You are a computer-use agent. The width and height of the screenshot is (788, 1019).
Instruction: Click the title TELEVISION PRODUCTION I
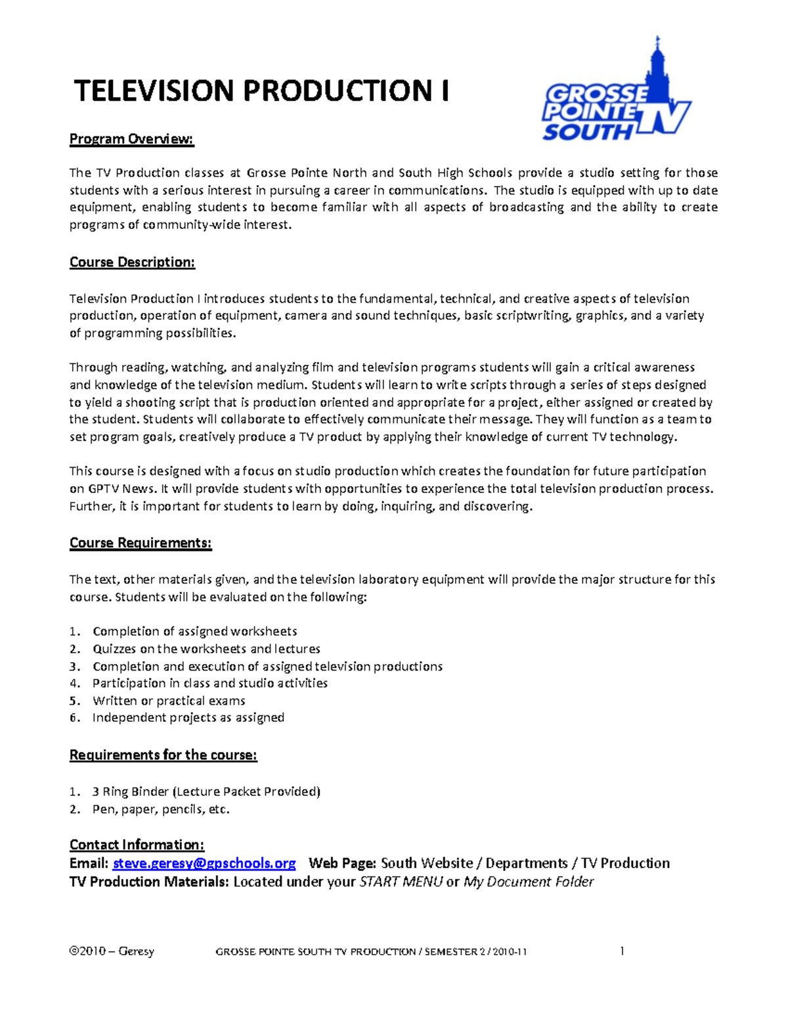click(261, 91)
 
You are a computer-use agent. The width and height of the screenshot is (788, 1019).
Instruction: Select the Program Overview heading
click(132, 139)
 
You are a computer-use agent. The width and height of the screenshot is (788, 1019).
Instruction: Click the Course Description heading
click(132, 262)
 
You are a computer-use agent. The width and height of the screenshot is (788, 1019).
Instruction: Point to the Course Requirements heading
click(141, 543)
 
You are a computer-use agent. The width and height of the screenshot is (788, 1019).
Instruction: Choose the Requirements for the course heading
click(163, 755)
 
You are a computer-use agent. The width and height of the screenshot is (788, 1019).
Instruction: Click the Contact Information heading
click(137, 845)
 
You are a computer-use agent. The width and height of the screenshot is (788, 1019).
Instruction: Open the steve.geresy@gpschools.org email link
click(204, 863)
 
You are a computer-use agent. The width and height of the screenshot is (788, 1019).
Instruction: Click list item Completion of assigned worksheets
click(194, 631)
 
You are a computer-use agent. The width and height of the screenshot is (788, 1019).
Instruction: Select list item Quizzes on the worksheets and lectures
click(206, 649)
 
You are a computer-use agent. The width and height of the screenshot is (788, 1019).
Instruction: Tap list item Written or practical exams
click(169, 701)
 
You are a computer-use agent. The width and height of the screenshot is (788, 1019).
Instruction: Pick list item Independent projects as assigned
click(188, 718)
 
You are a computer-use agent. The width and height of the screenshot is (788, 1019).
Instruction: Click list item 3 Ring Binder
click(206, 792)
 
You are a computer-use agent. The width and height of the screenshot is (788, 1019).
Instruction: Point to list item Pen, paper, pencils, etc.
click(161, 810)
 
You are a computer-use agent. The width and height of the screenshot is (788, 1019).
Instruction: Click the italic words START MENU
click(401, 882)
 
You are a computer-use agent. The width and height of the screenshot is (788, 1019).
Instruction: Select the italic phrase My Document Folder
click(529, 882)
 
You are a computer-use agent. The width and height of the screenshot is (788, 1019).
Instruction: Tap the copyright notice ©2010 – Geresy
click(112, 951)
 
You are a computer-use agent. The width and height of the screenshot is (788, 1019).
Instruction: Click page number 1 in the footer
click(622, 951)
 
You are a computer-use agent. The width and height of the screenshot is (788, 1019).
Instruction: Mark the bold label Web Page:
click(342, 863)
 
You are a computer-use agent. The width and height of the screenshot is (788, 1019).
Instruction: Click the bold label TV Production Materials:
click(149, 882)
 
